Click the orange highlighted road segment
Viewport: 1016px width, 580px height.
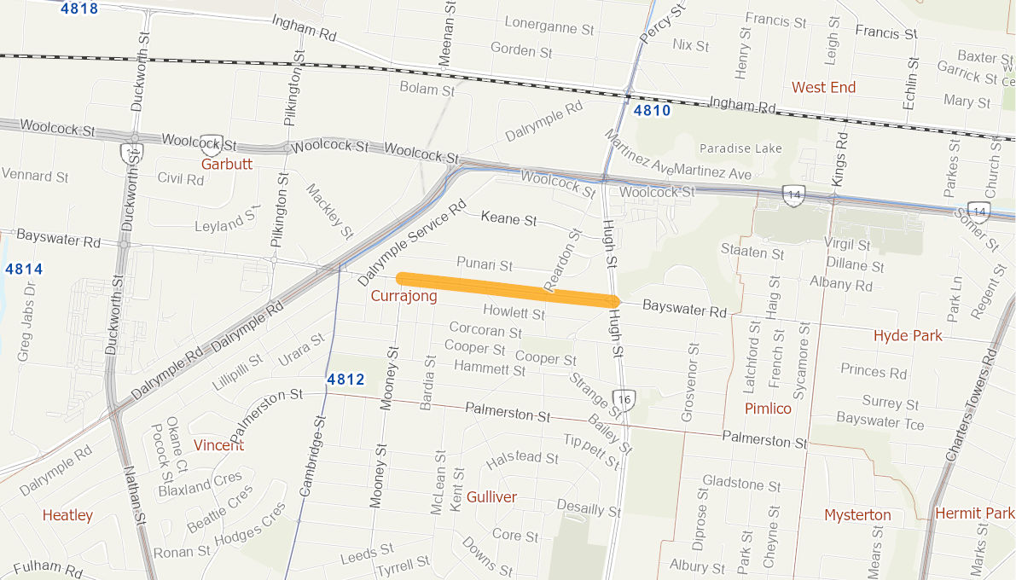coord(508,289)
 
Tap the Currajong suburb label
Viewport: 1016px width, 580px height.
coord(403,296)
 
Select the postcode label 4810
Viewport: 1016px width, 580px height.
coord(652,111)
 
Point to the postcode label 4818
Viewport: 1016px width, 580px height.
coord(79,9)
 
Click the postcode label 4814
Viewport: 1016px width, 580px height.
coord(23,270)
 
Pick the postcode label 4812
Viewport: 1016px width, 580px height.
coord(345,380)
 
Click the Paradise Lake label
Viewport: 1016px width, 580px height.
coord(740,148)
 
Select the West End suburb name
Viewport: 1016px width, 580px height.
coord(823,87)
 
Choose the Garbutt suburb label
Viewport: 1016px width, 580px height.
coord(227,164)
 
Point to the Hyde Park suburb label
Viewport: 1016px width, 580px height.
coord(908,335)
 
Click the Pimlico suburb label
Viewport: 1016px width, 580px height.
coord(768,409)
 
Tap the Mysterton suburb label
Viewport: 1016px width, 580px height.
coord(857,514)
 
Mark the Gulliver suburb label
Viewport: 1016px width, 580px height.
coord(491,497)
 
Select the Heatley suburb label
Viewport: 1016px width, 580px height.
coord(67,515)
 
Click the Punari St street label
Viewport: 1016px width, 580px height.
coord(484,264)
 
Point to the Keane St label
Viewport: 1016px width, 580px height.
coord(508,218)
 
